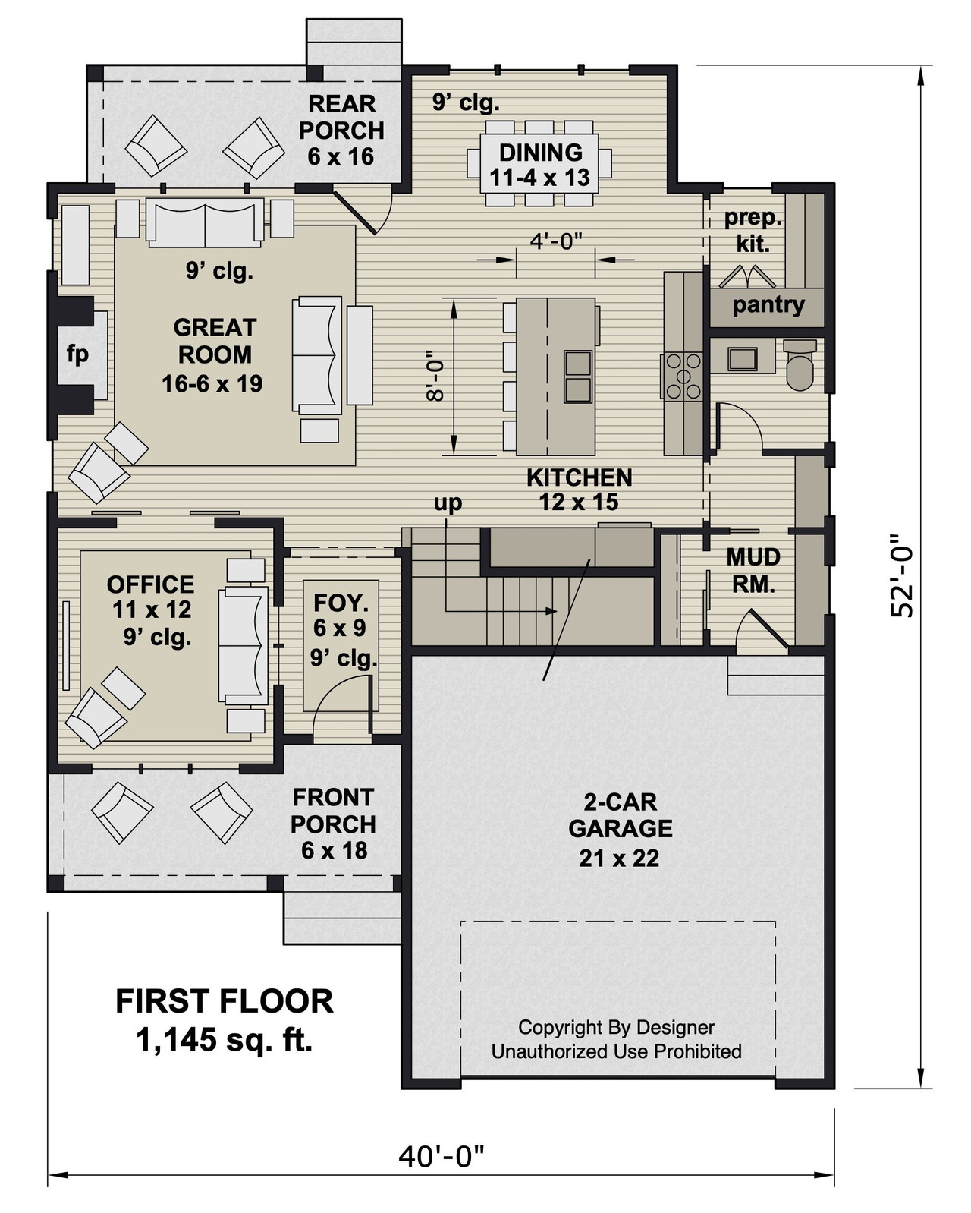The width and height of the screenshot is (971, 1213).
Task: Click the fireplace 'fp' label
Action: [x=77, y=354]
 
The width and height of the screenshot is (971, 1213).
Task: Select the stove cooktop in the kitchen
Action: [x=683, y=377]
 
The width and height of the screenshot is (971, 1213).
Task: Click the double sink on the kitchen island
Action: [x=578, y=377]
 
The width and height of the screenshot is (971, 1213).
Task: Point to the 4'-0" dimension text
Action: [x=555, y=241]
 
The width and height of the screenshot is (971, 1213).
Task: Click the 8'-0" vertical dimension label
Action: [x=432, y=377]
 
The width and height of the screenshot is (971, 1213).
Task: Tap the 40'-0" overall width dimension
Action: [x=441, y=1158]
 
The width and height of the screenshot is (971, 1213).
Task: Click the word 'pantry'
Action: [x=768, y=305]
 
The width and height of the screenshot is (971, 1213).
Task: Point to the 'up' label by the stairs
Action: [x=448, y=503]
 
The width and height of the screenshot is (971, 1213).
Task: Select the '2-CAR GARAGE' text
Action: [x=619, y=815]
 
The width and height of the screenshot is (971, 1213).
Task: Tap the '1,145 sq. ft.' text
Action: [x=225, y=1040]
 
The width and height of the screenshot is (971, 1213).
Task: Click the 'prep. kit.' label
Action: [x=752, y=231]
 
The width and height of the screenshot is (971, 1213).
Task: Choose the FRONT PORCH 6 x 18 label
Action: [x=333, y=824]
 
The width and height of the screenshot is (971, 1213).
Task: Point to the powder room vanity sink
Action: [x=741, y=358]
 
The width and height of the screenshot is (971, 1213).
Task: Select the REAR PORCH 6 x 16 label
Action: [x=341, y=130]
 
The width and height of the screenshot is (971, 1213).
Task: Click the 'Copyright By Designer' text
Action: [x=616, y=1027]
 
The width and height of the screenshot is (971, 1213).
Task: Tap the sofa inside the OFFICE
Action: [x=244, y=646]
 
